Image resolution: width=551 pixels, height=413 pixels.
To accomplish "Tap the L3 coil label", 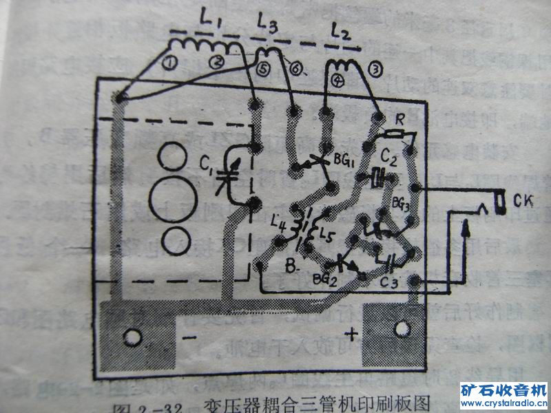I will pyautogui.click(x=268, y=28).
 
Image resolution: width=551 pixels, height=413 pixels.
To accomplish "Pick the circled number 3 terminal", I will pyautogui.click(x=375, y=70).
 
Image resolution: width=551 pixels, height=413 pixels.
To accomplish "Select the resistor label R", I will pyautogui.click(x=397, y=118).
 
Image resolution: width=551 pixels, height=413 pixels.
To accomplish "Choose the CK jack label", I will pyautogui.click(x=520, y=201).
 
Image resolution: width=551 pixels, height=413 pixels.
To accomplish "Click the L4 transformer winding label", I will pyautogui.click(x=280, y=222).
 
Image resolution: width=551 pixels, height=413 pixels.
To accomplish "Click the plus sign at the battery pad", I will pyautogui.click(x=352, y=335).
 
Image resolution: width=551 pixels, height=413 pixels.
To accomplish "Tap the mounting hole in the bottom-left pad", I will pyautogui.click(x=130, y=338).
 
